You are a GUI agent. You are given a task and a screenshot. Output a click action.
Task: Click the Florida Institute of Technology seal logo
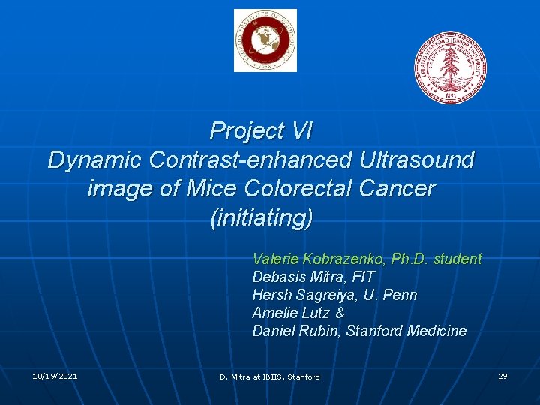(265, 40)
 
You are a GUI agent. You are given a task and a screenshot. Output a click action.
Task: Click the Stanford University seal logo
(451, 67)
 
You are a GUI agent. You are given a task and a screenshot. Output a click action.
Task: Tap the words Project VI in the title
(261, 131)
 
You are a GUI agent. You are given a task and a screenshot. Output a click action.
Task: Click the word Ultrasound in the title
(418, 160)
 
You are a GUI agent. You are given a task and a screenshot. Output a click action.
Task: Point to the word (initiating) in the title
(261, 218)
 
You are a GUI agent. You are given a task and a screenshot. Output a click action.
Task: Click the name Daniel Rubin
(296, 331)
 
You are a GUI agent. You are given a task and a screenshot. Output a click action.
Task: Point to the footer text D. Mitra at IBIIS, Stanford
(269, 376)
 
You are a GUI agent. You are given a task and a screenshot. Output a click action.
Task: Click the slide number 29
(502, 376)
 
